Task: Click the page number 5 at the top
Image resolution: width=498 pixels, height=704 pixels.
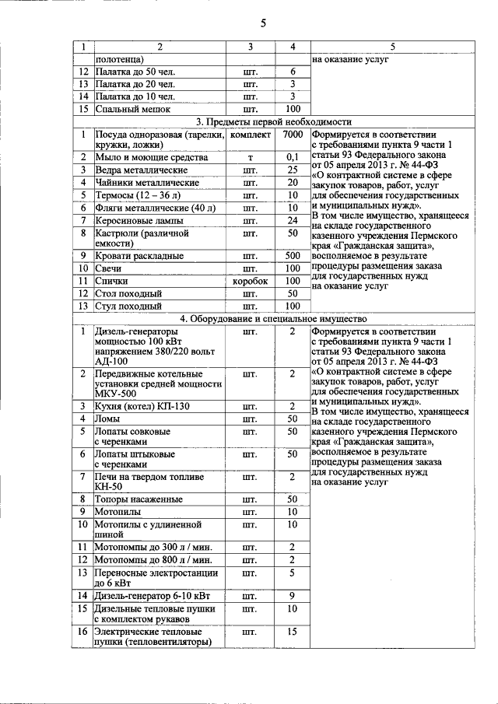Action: coord(263,23)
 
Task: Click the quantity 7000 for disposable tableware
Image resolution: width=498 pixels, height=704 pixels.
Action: coord(293,134)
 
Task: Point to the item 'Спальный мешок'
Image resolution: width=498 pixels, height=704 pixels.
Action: coord(132,110)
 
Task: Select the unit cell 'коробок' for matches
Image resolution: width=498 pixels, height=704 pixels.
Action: coord(251,281)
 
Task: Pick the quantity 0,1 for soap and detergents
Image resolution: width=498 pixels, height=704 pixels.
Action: coord(293,157)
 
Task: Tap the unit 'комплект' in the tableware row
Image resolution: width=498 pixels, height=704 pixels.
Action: coord(251,134)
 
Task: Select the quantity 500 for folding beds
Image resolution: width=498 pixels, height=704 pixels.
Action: coord(293,255)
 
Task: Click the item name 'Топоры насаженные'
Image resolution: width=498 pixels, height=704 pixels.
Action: coord(139,499)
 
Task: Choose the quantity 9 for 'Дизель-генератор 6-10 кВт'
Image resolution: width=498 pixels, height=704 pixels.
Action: coord(293,596)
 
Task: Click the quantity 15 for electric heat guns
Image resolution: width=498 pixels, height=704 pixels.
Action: coord(293,632)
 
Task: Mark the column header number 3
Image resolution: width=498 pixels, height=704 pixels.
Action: coord(251,47)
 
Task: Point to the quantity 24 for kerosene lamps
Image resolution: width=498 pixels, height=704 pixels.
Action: coord(293,220)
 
